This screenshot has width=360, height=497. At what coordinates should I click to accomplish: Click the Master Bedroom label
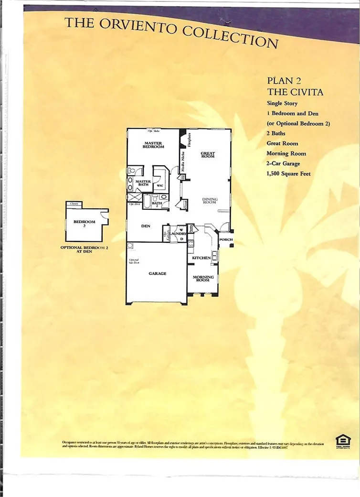154,145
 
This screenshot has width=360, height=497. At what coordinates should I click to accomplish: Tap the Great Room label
208,154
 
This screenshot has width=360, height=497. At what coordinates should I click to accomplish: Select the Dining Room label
210,201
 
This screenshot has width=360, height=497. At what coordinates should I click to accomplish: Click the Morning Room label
203,279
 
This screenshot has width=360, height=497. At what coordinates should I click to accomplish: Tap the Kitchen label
201,258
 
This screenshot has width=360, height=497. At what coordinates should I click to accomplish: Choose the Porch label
226,239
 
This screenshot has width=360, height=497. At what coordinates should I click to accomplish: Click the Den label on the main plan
146,226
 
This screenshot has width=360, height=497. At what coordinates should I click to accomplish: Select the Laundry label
181,233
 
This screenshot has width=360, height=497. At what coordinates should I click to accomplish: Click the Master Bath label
143,184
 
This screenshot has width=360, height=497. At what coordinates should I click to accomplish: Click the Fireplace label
190,141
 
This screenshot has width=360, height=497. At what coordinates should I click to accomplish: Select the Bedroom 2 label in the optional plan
85,224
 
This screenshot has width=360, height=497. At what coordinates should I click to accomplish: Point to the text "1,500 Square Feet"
288,173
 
